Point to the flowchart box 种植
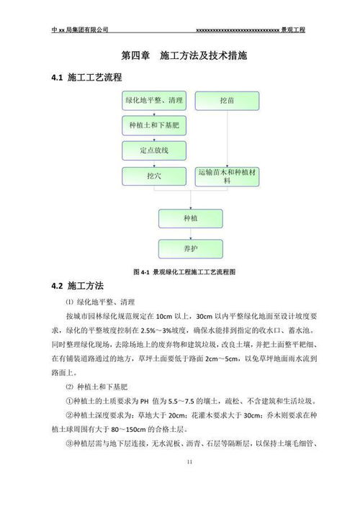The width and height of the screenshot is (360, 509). pos(190,218)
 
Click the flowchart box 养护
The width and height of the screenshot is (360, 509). pos(190,248)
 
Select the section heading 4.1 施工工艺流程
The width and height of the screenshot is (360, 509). pos(86,77)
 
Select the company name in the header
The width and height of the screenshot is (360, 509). pos(80,30)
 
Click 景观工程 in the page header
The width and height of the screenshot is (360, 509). pos(294,30)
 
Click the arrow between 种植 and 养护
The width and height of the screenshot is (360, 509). pos(190,233)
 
